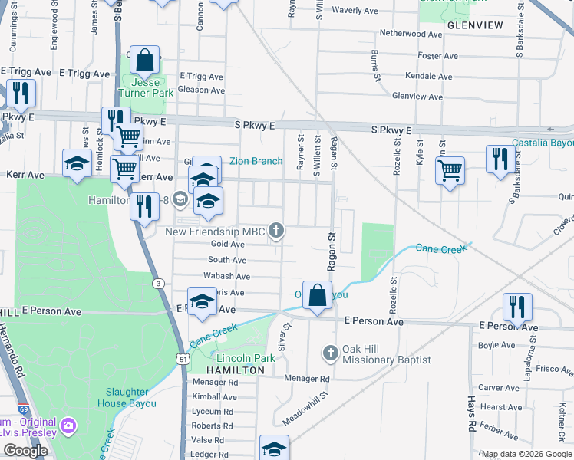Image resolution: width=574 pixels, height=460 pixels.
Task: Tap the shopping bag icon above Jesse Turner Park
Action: [x=144, y=60]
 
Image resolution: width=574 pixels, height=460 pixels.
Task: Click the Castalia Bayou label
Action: [x=543, y=143]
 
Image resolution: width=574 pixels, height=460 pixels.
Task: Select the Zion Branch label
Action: [x=256, y=161]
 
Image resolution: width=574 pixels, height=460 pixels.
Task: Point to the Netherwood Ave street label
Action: [x=412, y=34]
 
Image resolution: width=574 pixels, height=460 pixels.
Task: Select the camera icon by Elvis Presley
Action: [x=68, y=425]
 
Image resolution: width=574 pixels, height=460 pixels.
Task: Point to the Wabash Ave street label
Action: [x=226, y=276]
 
